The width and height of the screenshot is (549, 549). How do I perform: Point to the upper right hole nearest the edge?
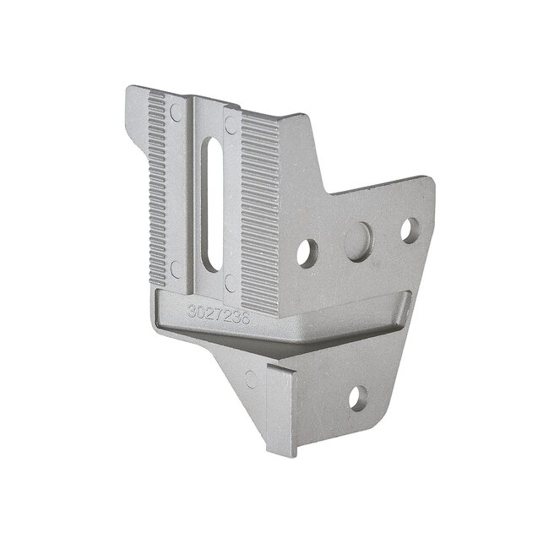409,229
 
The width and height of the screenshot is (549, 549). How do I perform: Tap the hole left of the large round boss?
307,252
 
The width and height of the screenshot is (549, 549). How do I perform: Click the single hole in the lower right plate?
358,397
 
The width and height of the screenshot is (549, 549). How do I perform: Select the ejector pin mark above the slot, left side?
176,111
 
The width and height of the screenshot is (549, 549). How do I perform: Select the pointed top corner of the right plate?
297,115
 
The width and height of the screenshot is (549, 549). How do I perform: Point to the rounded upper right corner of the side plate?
429,182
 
